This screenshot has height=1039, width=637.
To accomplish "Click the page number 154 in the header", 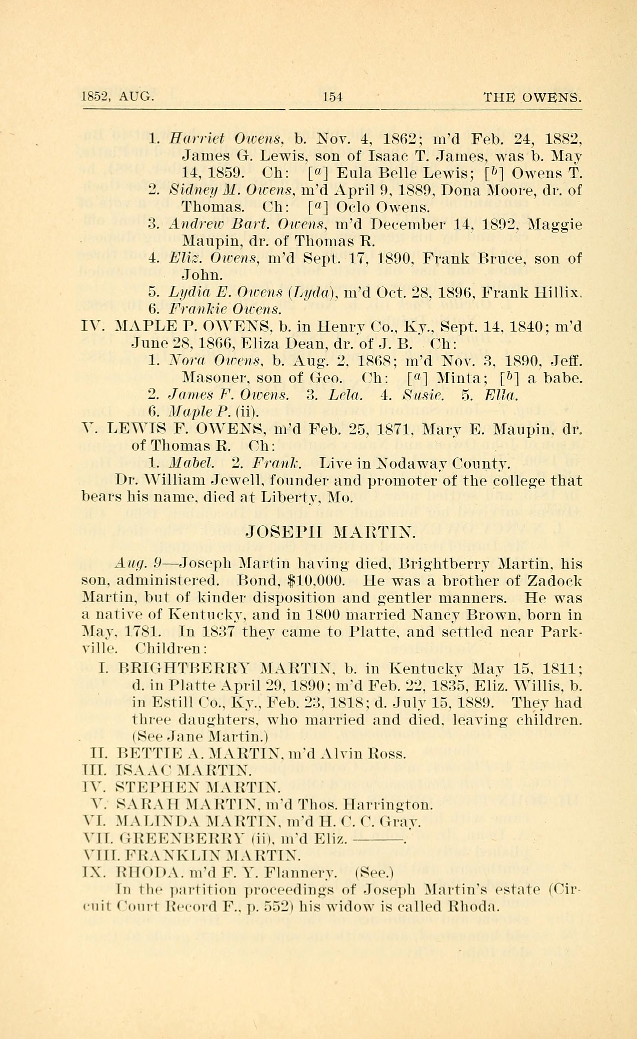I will [x=333, y=98].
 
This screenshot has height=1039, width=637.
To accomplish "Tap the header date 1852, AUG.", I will [x=118, y=98].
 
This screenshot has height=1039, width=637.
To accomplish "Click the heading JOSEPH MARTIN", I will [x=331, y=532].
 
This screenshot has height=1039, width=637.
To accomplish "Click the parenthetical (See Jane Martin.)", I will [x=200, y=737].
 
